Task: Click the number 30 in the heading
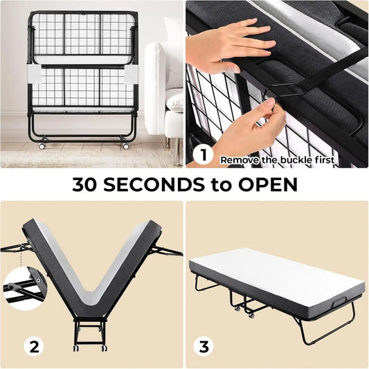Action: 84,184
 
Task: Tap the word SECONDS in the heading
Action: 154,184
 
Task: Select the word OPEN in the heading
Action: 268,184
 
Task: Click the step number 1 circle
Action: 203,155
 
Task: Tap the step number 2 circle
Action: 34,346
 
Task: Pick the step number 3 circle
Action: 204,346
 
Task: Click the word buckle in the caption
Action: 296,160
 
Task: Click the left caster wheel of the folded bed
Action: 42,146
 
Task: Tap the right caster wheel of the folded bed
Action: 126,146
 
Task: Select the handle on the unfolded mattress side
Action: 339,301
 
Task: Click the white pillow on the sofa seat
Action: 174,102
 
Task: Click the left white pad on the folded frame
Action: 35,73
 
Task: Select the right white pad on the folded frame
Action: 130,73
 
